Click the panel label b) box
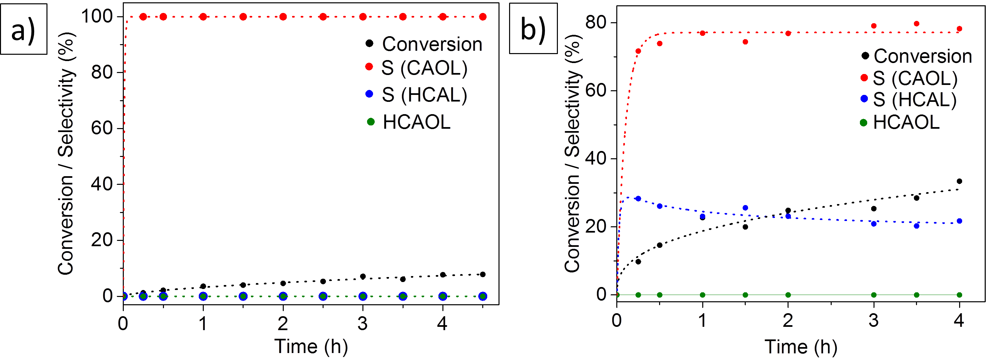533,29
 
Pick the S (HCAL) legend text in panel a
424,95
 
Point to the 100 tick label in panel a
97,17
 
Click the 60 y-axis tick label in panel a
102,128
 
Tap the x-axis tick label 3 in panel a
362,324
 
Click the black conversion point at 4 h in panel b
959,181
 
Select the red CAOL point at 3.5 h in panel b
916,24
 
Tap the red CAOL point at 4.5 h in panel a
483,17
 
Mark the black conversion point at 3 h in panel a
363,276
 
